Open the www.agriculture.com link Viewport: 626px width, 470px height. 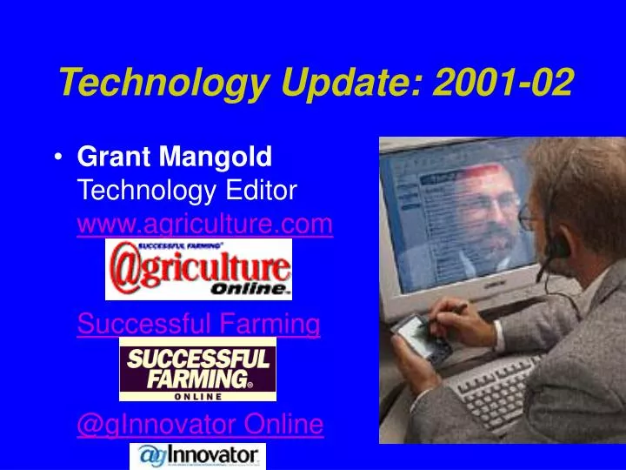pyautogui.click(x=205, y=225)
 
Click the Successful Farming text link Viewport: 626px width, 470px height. pyautogui.click(x=199, y=326)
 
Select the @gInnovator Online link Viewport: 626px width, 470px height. pyautogui.click(x=201, y=425)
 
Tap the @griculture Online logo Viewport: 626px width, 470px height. pyautogui.click(x=198, y=271)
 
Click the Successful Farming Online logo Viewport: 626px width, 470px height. pyautogui.click(x=197, y=370)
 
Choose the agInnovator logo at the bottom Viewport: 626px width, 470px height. pyautogui.click(x=197, y=456)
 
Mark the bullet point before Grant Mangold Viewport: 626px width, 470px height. pyautogui.click(x=57, y=158)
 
